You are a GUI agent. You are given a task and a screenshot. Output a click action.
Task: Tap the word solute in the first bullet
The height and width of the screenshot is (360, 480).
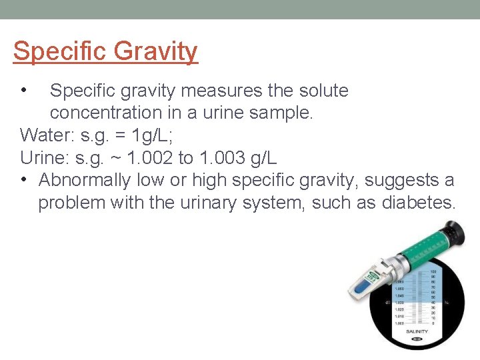[x=319, y=91]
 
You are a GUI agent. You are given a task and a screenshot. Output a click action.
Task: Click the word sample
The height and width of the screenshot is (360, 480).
[x=280, y=113]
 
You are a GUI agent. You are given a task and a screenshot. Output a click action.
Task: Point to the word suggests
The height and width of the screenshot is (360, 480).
[x=399, y=180]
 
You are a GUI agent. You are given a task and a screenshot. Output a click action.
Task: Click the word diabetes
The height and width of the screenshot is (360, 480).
[x=418, y=202]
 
